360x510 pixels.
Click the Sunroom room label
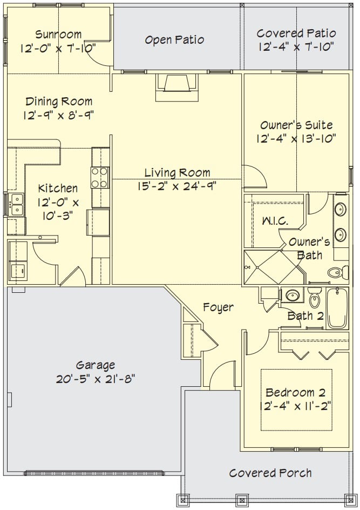click(58, 34)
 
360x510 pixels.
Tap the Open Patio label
click(174, 39)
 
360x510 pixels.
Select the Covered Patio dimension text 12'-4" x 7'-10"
click(296, 47)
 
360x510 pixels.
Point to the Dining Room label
click(59, 102)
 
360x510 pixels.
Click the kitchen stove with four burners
click(100, 178)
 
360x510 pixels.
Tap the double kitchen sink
click(16, 205)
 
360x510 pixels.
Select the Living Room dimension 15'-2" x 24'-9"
click(177, 186)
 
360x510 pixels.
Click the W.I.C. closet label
click(275, 221)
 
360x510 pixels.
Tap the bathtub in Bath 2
click(337, 308)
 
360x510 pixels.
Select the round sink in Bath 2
click(292, 296)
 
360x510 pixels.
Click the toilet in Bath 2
click(314, 298)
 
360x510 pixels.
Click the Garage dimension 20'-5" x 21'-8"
click(96, 379)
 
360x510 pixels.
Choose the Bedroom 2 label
click(295, 393)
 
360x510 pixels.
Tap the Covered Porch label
click(270, 473)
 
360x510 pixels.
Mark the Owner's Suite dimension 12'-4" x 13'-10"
click(296, 139)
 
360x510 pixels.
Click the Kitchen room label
click(58, 189)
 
